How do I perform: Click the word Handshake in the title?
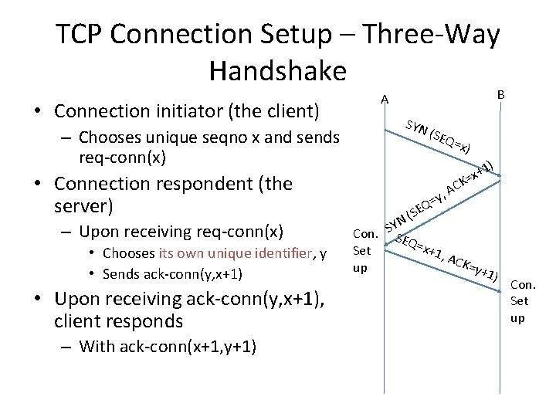[277, 70]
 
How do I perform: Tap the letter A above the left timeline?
[385, 99]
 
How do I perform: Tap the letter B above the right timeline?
[500, 94]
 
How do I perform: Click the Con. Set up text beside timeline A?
[364, 250]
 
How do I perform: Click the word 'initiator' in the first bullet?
[189, 111]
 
